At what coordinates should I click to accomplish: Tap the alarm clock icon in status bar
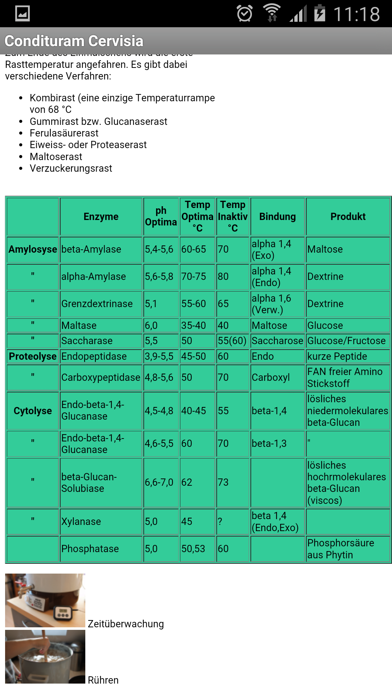coord(244,14)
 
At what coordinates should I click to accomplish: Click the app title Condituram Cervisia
coord(74,41)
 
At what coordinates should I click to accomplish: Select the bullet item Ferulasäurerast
coord(64,133)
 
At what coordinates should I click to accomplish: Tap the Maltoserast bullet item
coord(56,157)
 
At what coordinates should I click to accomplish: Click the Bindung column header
coord(277,217)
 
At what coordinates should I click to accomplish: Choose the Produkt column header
coord(348,217)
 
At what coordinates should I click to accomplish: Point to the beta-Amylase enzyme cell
coord(91,249)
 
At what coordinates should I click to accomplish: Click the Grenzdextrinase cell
coord(97,304)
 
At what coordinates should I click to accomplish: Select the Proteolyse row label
coord(33,356)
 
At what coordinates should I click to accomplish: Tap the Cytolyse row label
coord(33,411)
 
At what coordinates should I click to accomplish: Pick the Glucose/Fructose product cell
coord(346,341)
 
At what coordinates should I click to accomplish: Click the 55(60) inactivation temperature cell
coord(232,341)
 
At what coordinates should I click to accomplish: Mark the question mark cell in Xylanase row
coord(220,522)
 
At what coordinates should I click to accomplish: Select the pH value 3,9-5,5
coord(159,356)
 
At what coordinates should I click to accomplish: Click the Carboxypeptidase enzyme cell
coord(101,378)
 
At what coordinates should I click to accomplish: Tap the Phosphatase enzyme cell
coord(90,549)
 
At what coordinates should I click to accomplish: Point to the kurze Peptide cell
coord(337,356)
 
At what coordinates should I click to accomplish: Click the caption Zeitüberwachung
coord(126,624)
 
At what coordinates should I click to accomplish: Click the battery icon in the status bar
coord(319,13)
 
